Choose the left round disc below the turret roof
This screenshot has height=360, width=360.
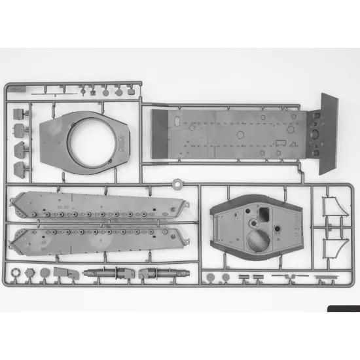pos(210,277)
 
